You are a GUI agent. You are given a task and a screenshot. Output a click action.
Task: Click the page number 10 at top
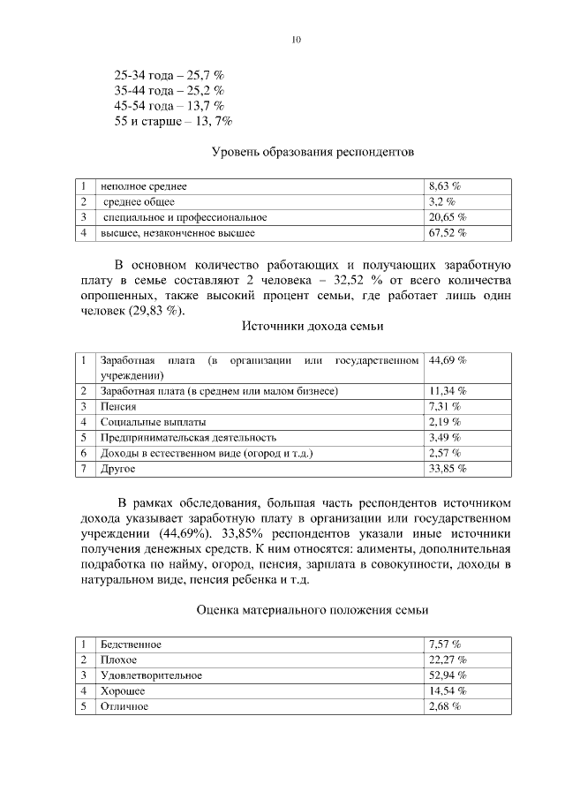[x=296, y=40]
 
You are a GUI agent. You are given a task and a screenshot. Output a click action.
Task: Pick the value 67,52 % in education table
[x=447, y=232]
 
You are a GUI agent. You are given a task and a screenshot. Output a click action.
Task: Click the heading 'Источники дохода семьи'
[x=313, y=326]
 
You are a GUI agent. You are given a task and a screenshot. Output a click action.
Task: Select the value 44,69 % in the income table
[x=447, y=361]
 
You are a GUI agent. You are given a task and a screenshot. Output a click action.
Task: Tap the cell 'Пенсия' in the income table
[x=118, y=407]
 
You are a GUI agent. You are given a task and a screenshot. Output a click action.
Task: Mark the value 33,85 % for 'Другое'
[x=447, y=469]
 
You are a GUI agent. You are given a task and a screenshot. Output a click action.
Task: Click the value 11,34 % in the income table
[x=447, y=391]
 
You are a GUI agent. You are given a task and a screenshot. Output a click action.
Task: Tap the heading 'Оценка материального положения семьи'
[x=313, y=610]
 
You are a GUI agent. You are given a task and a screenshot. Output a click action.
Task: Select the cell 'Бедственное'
[x=132, y=644]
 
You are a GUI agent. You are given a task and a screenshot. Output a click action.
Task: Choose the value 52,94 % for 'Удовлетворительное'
[x=447, y=675]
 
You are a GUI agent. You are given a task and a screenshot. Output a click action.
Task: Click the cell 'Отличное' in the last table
[x=124, y=707]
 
